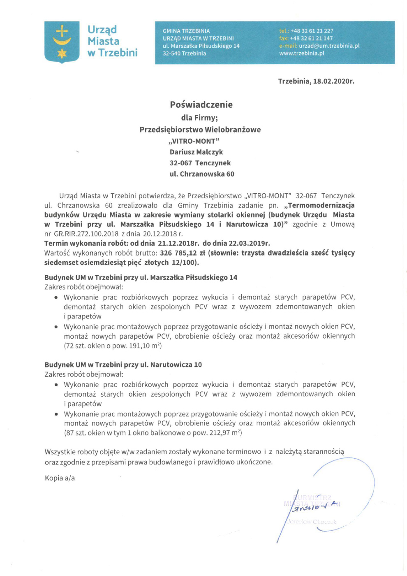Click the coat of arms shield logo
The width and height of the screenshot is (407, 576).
pyautogui.click(x=62, y=42)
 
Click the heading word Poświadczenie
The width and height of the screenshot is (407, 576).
pyautogui.click(x=201, y=105)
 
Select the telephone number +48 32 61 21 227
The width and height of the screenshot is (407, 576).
pyautogui.click(x=312, y=31)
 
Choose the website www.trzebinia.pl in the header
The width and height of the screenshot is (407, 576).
pyautogui.click(x=301, y=53)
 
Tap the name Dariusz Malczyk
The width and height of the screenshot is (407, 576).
pyautogui.click(x=196, y=152)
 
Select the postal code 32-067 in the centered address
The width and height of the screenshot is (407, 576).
pyautogui.click(x=180, y=163)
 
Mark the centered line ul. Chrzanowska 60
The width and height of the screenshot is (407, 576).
pyautogui.click(x=202, y=174)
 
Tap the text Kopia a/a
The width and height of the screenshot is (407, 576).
pyautogui.click(x=60, y=478)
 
